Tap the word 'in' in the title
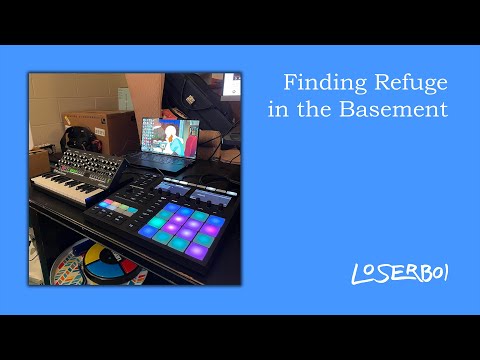tap(280, 110)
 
